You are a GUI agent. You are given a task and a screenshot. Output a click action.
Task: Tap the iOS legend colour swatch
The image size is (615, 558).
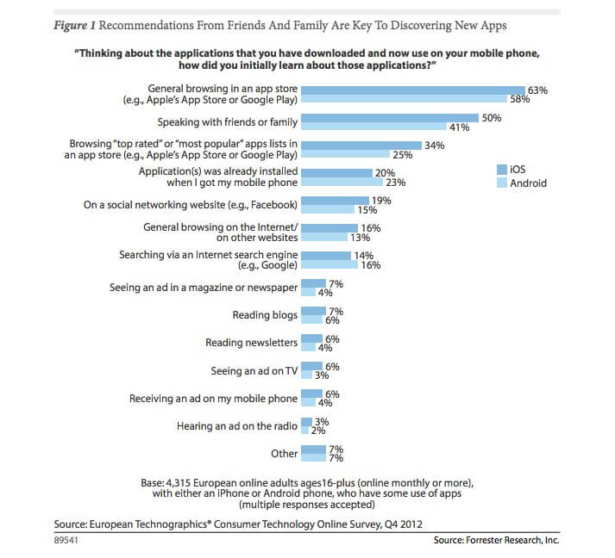click(503, 170)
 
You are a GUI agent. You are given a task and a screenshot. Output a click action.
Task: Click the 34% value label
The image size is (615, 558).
click(434, 146)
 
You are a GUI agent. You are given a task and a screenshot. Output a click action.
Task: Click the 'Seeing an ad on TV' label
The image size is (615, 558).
click(254, 371)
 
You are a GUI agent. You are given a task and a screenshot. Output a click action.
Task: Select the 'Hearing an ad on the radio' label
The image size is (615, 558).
click(237, 426)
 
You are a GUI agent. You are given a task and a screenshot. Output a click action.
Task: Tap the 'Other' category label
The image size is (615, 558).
click(284, 454)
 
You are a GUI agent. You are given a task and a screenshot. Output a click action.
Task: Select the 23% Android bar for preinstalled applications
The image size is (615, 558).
click(343, 183)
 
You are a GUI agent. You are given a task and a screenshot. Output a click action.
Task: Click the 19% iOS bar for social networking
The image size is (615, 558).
click(337, 201)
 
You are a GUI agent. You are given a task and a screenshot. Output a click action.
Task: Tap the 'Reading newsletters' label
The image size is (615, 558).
click(251, 343)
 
